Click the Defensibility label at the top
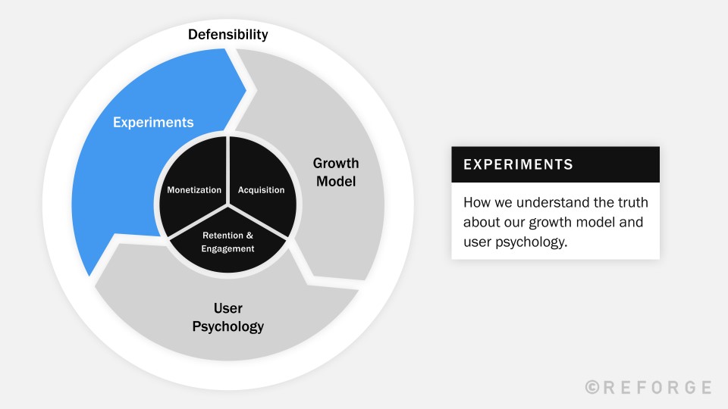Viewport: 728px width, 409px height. pyautogui.click(x=228, y=34)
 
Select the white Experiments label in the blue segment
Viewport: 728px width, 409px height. pyautogui.click(x=153, y=122)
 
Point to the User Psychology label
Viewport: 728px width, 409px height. pyautogui.click(x=227, y=318)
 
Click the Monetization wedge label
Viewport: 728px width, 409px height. pyautogui.click(x=194, y=190)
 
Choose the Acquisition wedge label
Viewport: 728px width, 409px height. pyautogui.click(x=262, y=190)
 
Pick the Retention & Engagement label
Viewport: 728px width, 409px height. pyautogui.click(x=228, y=242)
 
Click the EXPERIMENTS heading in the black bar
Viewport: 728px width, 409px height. pyautogui.click(x=518, y=164)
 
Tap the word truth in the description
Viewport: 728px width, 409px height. pyautogui.click(x=629, y=203)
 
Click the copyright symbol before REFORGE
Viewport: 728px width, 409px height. pyautogui.click(x=593, y=388)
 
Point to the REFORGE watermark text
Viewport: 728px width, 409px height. pyautogui.click(x=658, y=388)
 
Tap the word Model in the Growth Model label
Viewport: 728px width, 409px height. pyautogui.click(x=336, y=182)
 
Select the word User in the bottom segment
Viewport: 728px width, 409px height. pyautogui.click(x=227, y=308)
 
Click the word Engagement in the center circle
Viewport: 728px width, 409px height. pyautogui.click(x=228, y=248)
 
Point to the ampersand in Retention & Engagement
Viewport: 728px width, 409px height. pyautogui.click(x=249, y=236)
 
